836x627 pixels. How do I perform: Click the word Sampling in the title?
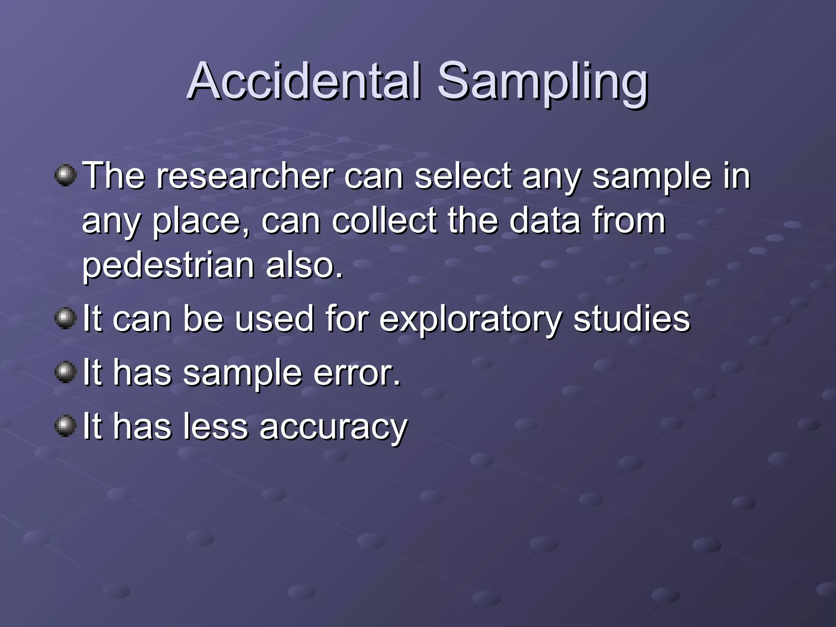[x=543, y=84]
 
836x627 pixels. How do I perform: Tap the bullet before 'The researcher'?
[x=65, y=176]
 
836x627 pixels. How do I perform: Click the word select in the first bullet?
[x=463, y=176]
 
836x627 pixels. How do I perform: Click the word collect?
[x=384, y=220]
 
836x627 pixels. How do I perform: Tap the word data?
[x=545, y=220]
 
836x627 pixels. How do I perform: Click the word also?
[x=304, y=265]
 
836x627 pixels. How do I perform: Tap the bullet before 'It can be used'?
[x=65, y=318]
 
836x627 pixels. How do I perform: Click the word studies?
[x=631, y=318]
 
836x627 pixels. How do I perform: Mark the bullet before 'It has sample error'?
[x=65, y=372]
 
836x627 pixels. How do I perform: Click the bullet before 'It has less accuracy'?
[x=65, y=426]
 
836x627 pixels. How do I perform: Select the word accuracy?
[x=333, y=428]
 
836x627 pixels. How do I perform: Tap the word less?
[x=215, y=426]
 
